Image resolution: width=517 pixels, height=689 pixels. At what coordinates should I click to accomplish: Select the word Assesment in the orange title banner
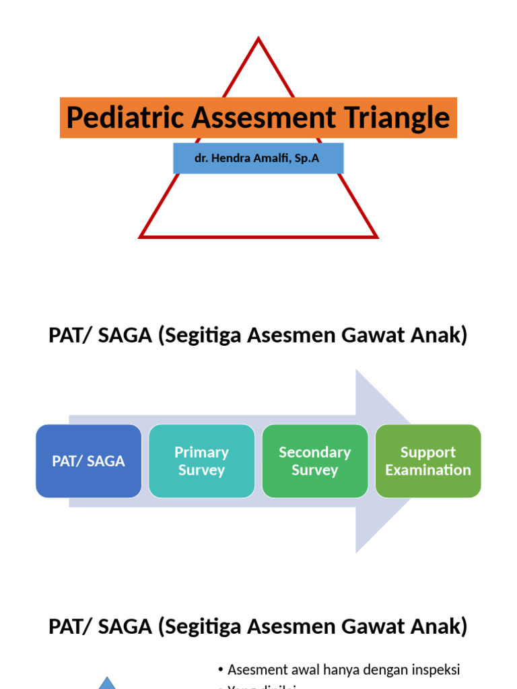pyautogui.click(x=263, y=118)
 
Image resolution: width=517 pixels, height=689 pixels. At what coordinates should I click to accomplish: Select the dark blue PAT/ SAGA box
pyautogui.click(x=89, y=461)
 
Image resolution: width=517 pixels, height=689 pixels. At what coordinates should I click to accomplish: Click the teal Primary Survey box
pyautogui.click(x=201, y=461)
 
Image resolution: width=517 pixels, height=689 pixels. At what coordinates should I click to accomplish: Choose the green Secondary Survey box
pyautogui.click(x=315, y=461)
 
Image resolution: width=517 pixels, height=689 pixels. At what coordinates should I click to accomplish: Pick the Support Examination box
pyautogui.click(x=428, y=461)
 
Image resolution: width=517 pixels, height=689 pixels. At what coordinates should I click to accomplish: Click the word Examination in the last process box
pyautogui.click(x=428, y=470)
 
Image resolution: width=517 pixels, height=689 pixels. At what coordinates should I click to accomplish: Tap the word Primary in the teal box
pyautogui.click(x=201, y=452)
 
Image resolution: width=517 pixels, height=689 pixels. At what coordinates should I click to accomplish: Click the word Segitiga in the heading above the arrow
pyautogui.click(x=201, y=335)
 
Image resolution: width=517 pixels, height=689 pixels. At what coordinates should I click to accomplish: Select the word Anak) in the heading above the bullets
pyautogui.click(x=440, y=626)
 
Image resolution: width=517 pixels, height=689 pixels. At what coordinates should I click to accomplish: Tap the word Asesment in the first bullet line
pyautogui.click(x=256, y=669)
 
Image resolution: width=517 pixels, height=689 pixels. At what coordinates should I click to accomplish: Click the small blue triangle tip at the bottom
pyautogui.click(x=107, y=682)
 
